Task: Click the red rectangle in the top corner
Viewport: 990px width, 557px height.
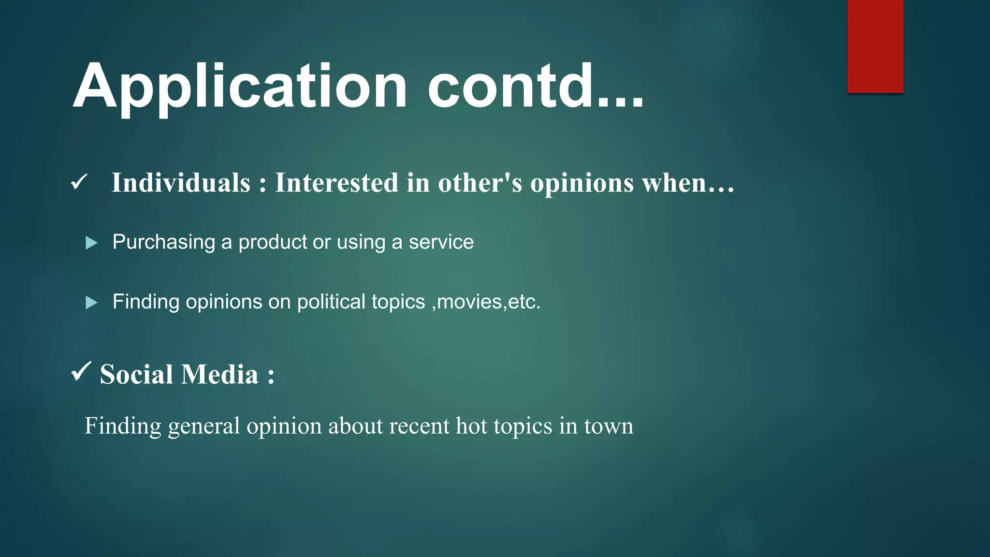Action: click(x=875, y=46)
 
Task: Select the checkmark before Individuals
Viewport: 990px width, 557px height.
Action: click(x=79, y=182)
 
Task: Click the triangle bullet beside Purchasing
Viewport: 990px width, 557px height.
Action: click(x=91, y=243)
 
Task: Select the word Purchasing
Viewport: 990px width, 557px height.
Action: click(x=164, y=242)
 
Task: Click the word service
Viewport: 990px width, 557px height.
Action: click(x=441, y=242)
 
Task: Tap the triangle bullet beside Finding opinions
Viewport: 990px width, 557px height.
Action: click(x=91, y=303)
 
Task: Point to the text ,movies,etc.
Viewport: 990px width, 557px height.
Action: click(x=486, y=302)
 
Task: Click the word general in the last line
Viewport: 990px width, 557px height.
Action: click(x=204, y=426)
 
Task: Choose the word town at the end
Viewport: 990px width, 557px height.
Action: click(x=609, y=426)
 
